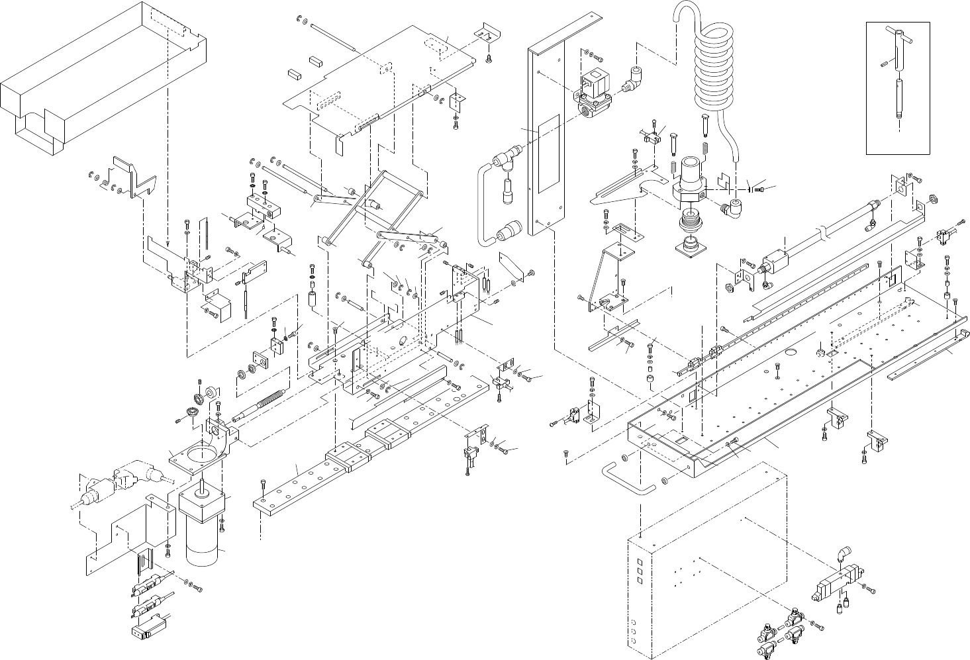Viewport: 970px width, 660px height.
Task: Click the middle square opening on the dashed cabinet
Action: tap(639, 569)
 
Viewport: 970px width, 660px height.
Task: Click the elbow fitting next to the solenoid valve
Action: tap(634, 79)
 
